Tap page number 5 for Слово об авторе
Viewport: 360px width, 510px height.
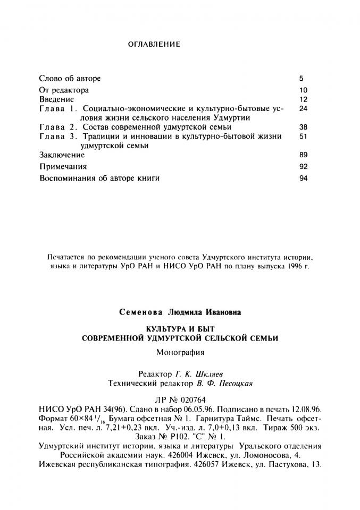(x=302, y=79)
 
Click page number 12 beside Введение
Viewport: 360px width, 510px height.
(x=304, y=99)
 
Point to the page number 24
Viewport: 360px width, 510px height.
(x=304, y=109)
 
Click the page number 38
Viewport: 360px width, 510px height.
(x=304, y=127)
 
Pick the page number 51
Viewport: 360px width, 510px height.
(x=304, y=137)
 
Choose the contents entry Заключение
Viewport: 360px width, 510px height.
(x=62, y=156)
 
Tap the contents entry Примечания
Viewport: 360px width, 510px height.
(x=63, y=167)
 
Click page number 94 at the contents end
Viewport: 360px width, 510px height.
(x=304, y=178)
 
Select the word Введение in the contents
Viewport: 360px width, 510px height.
(x=57, y=99)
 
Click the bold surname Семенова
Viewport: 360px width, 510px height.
(x=143, y=312)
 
